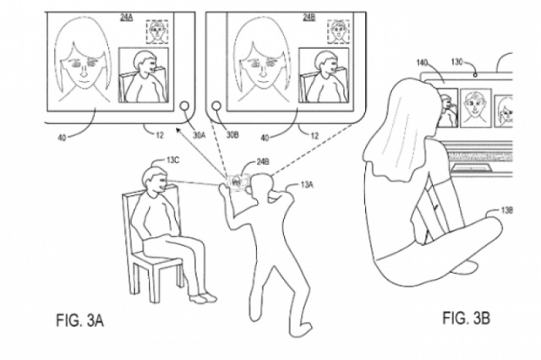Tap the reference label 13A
click(x=303, y=183)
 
